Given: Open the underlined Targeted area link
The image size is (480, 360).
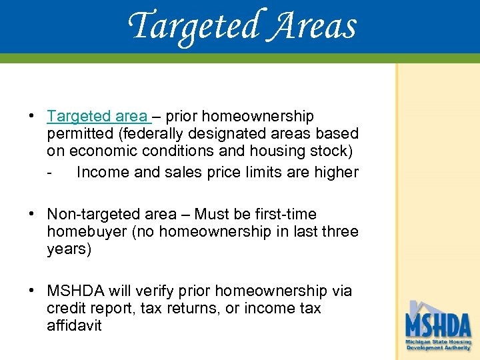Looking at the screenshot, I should tap(99, 117).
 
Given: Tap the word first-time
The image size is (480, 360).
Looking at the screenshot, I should tap(285, 215).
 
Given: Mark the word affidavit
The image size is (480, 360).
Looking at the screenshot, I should tap(74, 326).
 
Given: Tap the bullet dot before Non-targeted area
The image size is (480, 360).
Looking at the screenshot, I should tap(32, 215).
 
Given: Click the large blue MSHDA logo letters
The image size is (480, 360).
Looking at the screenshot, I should tap(439, 327).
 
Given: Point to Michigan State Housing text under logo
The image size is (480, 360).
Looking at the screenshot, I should tap(439, 342).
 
